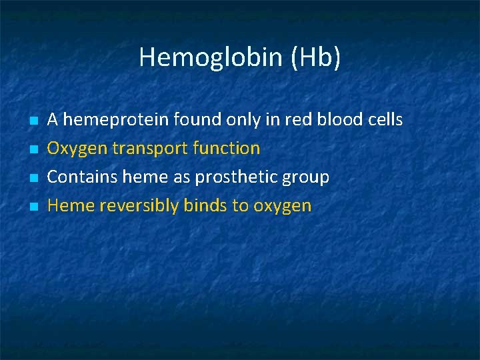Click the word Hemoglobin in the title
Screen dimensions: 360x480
pos(201,58)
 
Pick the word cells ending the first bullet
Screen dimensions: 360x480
pos(385,120)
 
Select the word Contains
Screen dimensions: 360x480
pos(78,177)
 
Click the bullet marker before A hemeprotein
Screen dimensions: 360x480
pos(33,121)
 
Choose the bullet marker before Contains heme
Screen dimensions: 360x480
pos(33,179)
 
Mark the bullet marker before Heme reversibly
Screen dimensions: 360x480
pos(33,207)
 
